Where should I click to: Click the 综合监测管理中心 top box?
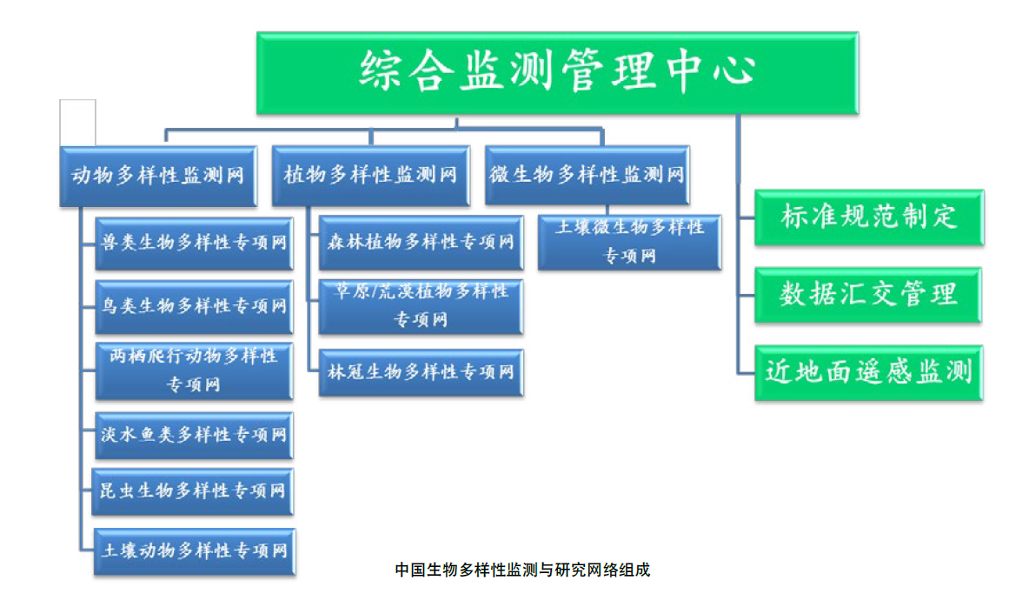[x=557, y=72]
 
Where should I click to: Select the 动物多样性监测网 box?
[x=157, y=176]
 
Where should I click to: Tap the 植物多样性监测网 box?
[x=371, y=176]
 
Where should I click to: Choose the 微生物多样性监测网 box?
[x=587, y=176]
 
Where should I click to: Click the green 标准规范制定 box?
[x=868, y=217]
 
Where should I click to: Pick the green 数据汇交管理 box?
[x=868, y=295]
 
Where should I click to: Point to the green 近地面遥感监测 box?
[x=868, y=373]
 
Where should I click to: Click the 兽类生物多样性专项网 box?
[x=193, y=242]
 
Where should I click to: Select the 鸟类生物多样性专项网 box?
[x=193, y=306]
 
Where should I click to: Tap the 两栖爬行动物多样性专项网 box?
[x=193, y=370]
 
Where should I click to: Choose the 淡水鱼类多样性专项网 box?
[x=193, y=434]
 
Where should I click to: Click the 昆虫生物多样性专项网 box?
[x=193, y=491]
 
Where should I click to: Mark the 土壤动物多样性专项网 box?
[x=193, y=550]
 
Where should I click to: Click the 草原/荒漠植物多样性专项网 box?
[x=421, y=306]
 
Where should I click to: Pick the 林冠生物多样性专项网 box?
[x=421, y=372]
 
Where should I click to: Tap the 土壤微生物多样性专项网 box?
[x=629, y=242]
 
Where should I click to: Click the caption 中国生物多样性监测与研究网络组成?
[x=522, y=570]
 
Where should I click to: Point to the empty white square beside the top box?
[x=77, y=122]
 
